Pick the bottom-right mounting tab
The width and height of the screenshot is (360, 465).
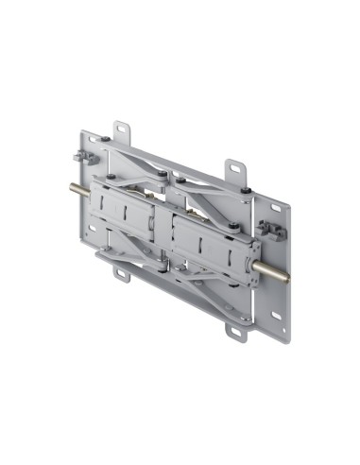point(233,332)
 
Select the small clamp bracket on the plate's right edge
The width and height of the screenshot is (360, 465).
point(270,230)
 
